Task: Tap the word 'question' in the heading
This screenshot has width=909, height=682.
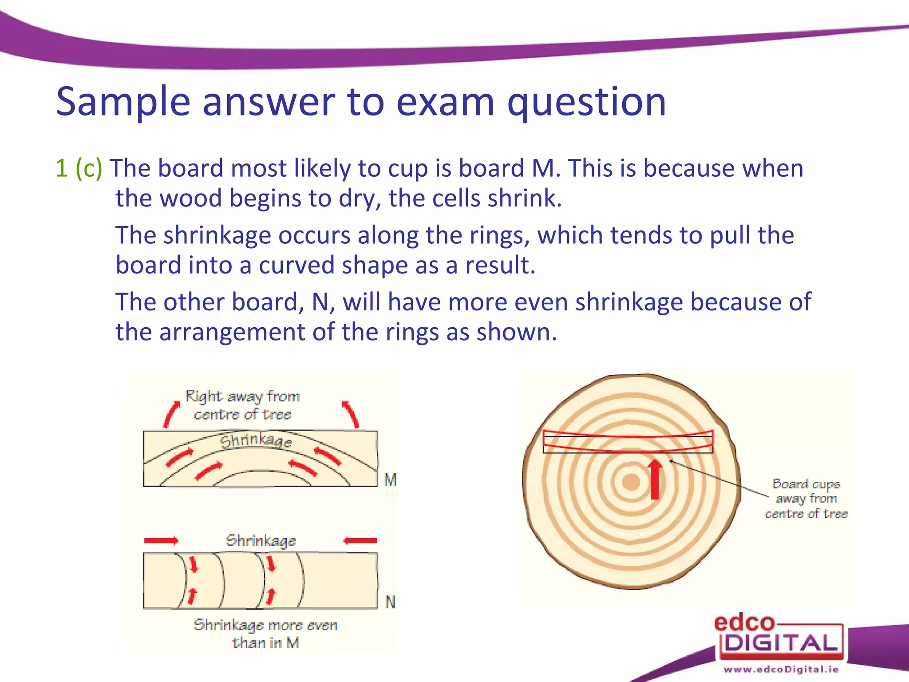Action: click(586, 103)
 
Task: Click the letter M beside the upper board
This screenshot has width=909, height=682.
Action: click(391, 480)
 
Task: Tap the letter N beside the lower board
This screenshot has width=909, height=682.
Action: click(390, 602)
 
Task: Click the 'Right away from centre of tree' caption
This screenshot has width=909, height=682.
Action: click(243, 405)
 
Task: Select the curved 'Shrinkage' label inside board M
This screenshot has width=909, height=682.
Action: click(257, 440)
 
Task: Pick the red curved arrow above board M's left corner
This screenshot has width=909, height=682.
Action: click(171, 414)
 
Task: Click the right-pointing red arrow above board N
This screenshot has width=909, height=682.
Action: click(161, 540)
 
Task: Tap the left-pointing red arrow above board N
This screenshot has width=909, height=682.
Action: click(360, 540)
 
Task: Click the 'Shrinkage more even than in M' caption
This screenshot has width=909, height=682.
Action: click(265, 634)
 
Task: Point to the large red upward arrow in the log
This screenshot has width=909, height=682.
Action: click(655, 480)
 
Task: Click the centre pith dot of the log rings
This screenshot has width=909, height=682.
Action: click(631, 482)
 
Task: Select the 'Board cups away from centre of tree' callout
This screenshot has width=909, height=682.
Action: click(806, 499)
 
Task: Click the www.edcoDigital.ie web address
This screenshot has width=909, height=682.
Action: click(781, 669)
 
